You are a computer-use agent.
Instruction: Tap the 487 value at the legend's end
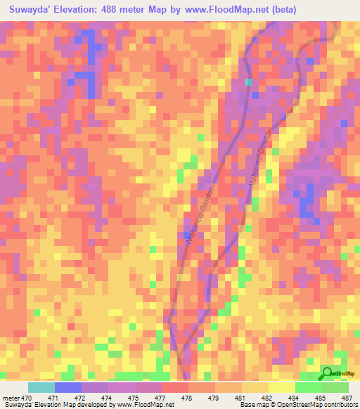pos(347,398)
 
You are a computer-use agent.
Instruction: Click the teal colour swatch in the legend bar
pos(41,387)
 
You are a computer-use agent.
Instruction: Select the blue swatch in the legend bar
pos(68,387)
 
